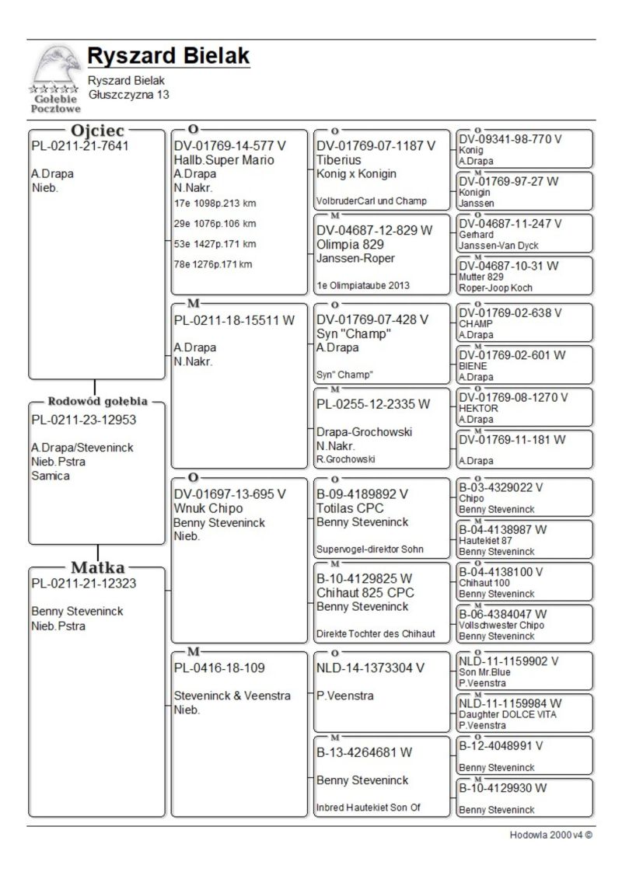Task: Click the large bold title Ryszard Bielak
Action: point(168,56)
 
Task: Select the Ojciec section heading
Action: point(97,131)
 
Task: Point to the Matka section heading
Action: point(97,567)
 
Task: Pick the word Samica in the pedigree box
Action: point(51,476)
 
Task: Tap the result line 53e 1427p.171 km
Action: point(215,244)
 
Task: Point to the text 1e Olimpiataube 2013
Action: point(363,285)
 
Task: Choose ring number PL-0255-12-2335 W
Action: point(373,404)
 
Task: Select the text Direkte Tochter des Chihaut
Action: point(376,633)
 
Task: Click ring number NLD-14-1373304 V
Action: point(371,668)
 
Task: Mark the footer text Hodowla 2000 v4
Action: point(546,835)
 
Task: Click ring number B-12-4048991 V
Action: point(501,745)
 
